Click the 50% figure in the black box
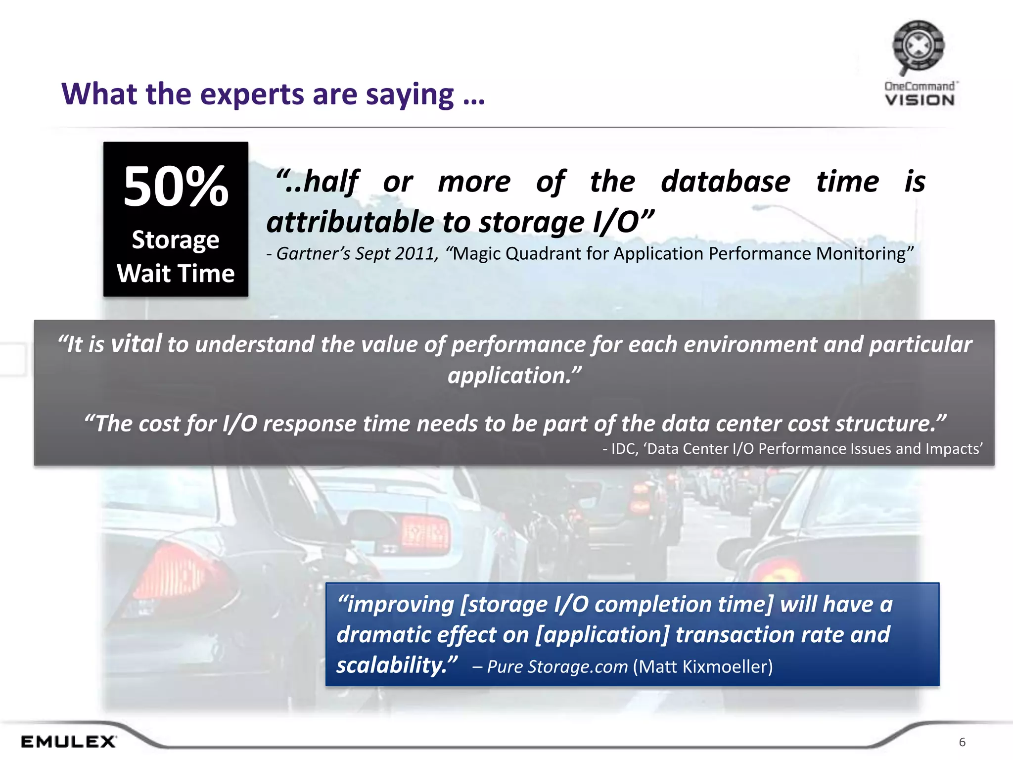(176, 187)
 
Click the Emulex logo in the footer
(68, 742)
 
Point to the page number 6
(962, 742)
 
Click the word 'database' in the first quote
(725, 182)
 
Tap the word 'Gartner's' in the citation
(313, 254)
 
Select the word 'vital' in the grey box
(137, 343)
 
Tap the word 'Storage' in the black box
(176, 240)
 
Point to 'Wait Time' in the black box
(176, 274)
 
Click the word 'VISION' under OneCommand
(920, 100)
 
